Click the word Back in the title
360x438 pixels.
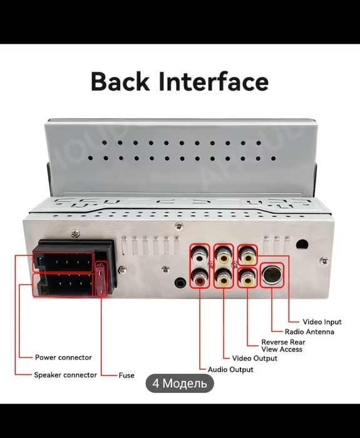pyautogui.click(x=120, y=81)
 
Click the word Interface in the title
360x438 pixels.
pyautogui.click(x=214, y=81)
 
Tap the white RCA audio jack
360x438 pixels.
pyautogui.click(x=200, y=255)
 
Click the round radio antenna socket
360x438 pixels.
pyautogui.click(x=272, y=275)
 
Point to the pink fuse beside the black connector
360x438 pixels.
pyautogui.click(x=101, y=278)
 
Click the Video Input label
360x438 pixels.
pyautogui.click(x=322, y=322)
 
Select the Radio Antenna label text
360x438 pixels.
pyautogui.click(x=309, y=332)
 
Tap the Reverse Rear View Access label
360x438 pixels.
pyautogui.click(x=283, y=346)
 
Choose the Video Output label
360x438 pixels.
pyautogui.click(x=255, y=359)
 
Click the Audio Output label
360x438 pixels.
pyautogui.click(x=230, y=370)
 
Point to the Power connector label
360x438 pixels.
pyautogui.click(x=63, y=357)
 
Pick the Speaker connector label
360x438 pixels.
pyautogui.click(x=65, y=375)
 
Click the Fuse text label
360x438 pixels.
pyautogui.click(x=126, y=375)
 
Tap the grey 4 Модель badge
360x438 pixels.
pyautogui.click(x=180, y=383)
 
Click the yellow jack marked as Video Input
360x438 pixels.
pyautogui.click(x=248, y=255)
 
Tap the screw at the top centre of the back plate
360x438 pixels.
pyautogui.click(x=178, y=226)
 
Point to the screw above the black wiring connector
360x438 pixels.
pyautogui.click(x=75, y=234)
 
